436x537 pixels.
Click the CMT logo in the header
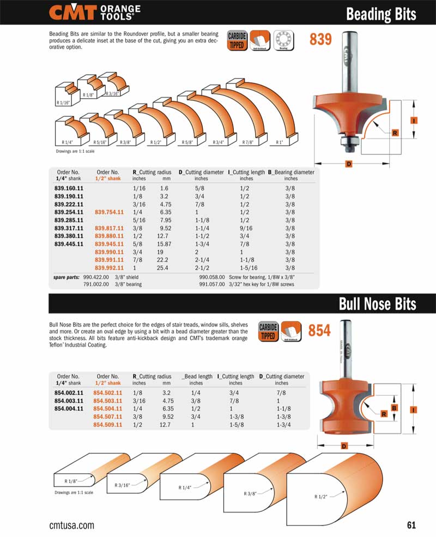click(94, 13)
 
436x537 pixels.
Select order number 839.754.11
click(109, 212)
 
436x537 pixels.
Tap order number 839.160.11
click(69, 188)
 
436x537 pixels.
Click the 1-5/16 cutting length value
click(249, 268)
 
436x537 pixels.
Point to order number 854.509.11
click(108, 425)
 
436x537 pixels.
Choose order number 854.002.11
click(69, 393)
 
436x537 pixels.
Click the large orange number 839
click(320, 39)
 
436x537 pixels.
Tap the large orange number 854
click(319, 330)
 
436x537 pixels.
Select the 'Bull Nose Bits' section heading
click(378, 304)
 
